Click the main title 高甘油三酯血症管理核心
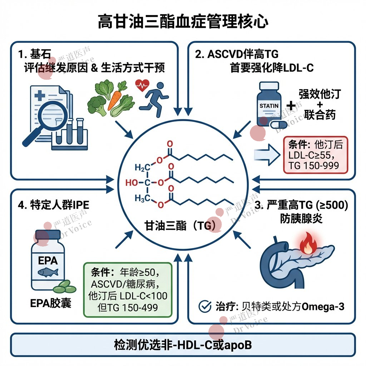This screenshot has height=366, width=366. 183,21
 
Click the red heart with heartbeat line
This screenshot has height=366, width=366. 142,86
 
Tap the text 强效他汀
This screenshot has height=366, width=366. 320,94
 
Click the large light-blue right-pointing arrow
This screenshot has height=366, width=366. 267,154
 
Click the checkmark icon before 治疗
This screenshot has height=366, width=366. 204,306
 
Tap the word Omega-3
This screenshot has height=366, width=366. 323,306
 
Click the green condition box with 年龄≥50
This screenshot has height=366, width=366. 128,289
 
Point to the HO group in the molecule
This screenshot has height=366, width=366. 132,183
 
